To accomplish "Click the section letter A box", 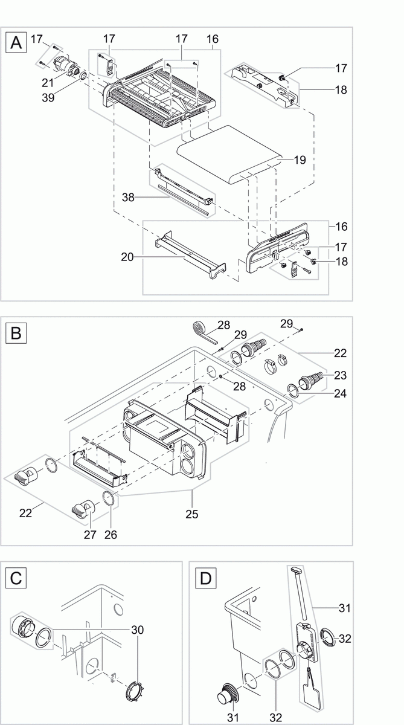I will (16, 43).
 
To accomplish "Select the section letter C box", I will (16, 578).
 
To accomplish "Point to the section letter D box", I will (206, 578).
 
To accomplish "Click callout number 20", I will (126, 256).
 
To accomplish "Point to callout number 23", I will (340, 376).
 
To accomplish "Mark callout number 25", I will (193, 515).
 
